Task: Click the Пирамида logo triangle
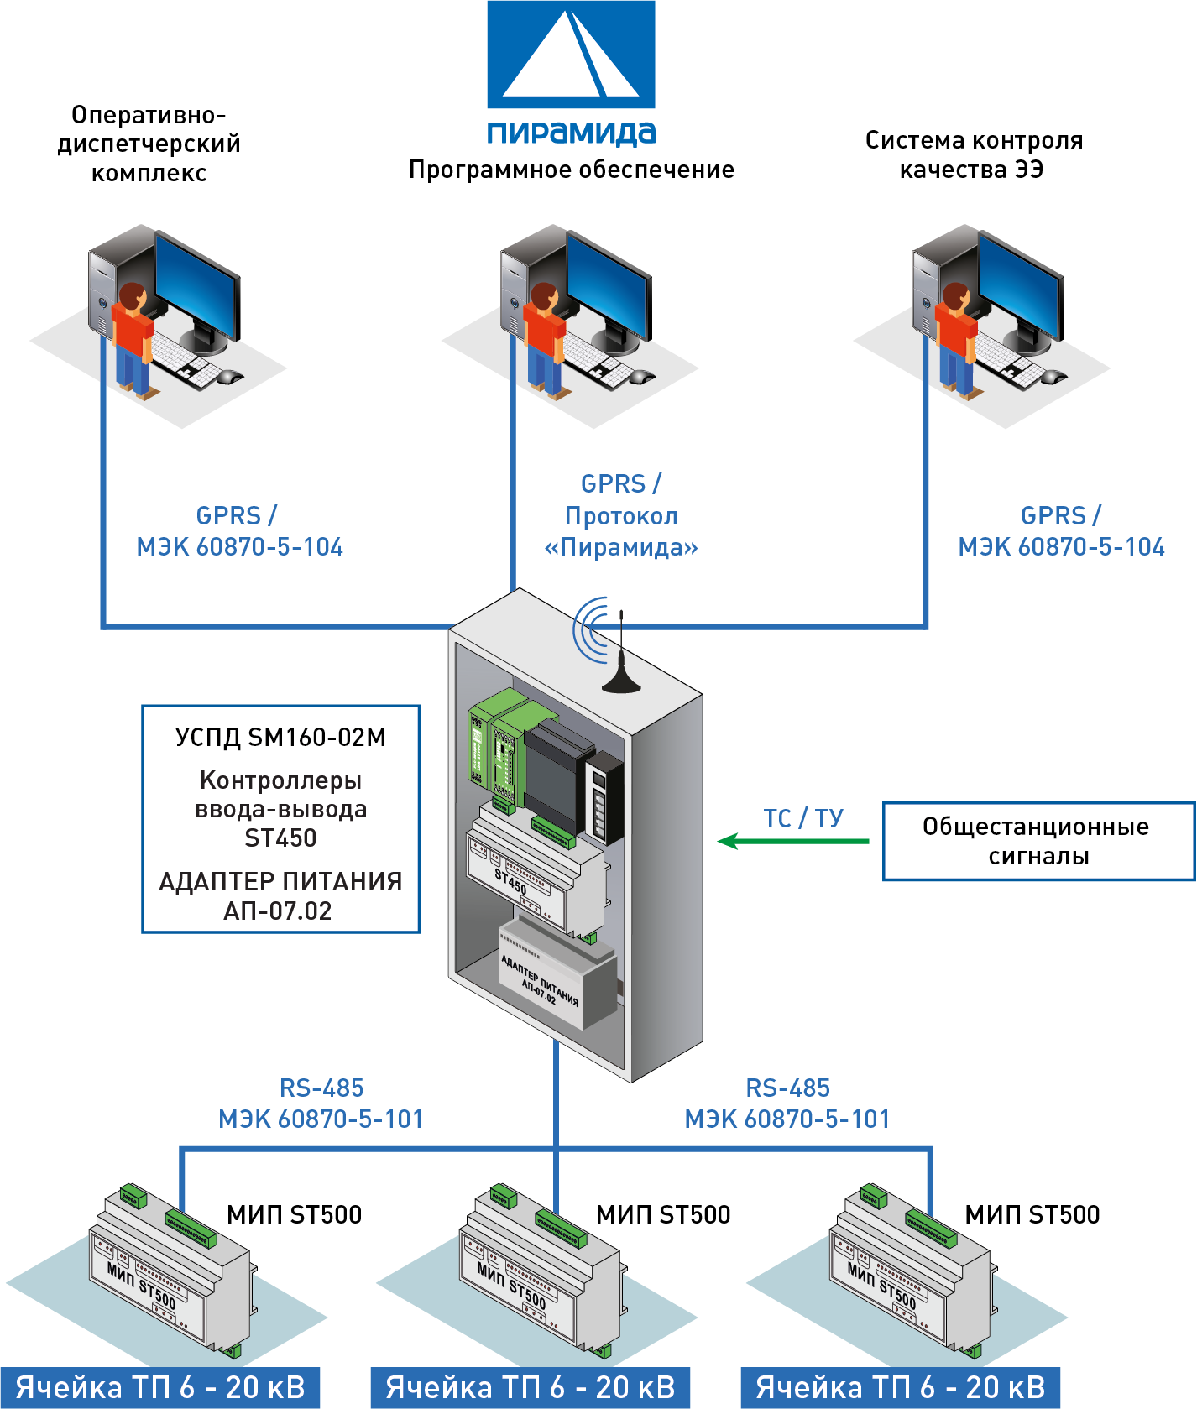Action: pyautogui.click(x=571, y=55)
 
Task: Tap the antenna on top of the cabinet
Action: pyautogui.click(x=621, y=663)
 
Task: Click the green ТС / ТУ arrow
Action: pyautogui.click(x=792, y=841)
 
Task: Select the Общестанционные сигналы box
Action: pyautogui.click(x=1038, y=841)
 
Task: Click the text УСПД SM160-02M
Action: pyautogui.click(x=280, y=737)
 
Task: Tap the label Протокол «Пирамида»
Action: pyautogui.click(x=621, y=531)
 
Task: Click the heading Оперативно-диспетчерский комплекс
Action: pyautogui.click(x=149, y=144)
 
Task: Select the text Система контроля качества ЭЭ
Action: pyautogui.click(x=974, y=155)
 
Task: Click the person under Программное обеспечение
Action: pyautogui.click(x=545, y=340)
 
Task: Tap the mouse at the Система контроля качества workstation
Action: pyautogui.click(x=1053, y=377)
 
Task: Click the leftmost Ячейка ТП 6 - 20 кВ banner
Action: pyautogui.click(x=159, y=1387)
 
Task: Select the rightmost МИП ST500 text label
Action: pyautogui.click(x=1032, y=1214)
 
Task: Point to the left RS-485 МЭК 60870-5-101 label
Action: pyautogui.click(x=321, y=1104)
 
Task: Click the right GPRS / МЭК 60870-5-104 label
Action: pyautogui.click(x=1061, y=531)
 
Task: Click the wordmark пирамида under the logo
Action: pyautogui.click(x=571, y=132)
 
